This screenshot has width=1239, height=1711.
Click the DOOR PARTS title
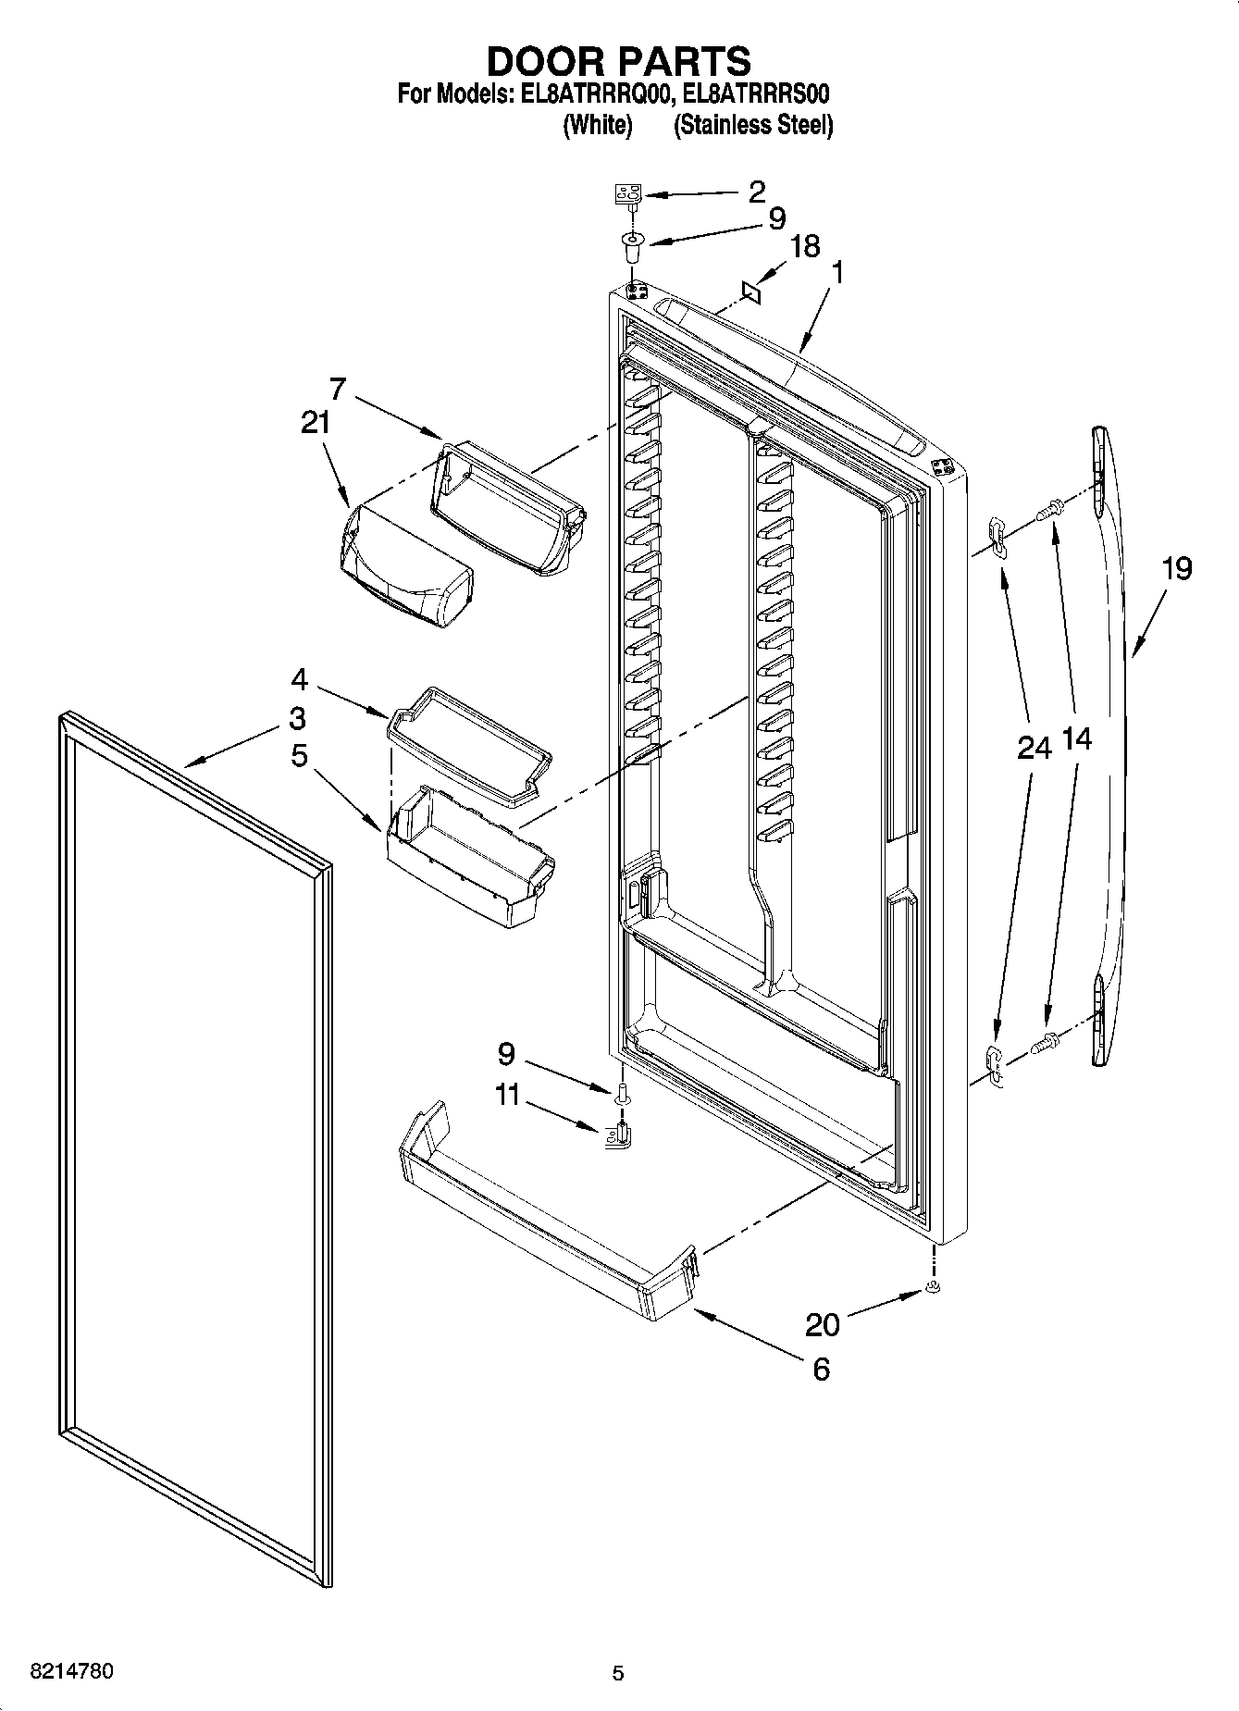click(618, 61)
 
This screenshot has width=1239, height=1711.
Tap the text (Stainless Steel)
click(753, 126)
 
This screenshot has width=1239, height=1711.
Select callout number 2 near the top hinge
click(756, 192)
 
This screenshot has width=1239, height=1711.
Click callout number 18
click(805, 247)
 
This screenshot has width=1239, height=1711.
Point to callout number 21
click(315, 423)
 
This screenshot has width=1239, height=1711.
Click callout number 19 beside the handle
click(1176, 568)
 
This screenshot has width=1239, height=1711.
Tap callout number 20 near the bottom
click(822, 1325)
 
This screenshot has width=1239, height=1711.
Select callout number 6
click(821, 1369)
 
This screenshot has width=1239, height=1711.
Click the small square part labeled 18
click(751, 291)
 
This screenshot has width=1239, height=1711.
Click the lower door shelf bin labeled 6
click(546, 1212)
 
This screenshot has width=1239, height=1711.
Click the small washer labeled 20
click(933, 1290)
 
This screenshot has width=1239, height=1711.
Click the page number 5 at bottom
click(618, 1673)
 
